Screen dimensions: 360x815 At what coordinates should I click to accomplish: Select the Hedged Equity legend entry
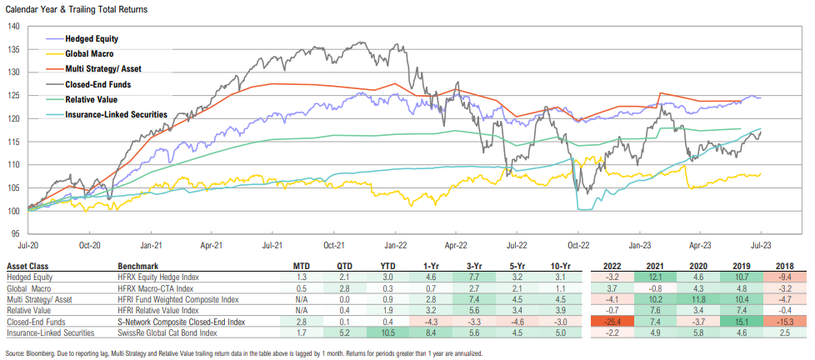pos(93,38)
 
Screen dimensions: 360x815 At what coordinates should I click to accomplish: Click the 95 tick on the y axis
pos(15,233)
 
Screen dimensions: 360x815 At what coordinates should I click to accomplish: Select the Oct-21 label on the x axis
pos(335,246)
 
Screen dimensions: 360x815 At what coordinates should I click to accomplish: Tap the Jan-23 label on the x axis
pos(640,246)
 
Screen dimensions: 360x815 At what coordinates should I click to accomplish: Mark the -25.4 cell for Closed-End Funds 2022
pos(612,321)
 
